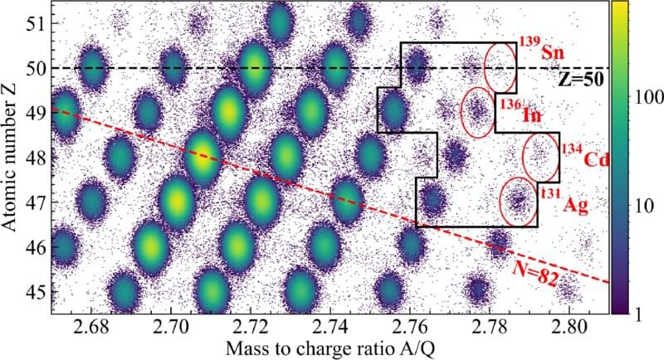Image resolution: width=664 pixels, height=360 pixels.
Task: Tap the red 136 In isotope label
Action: [521, 111]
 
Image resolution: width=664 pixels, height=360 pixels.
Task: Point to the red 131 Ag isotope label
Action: [564, 202]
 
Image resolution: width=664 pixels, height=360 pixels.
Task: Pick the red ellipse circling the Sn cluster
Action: [500, 66]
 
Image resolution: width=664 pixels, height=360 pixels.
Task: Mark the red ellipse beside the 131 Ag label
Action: [519, 202]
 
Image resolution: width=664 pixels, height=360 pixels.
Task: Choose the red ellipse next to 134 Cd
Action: [541, 156]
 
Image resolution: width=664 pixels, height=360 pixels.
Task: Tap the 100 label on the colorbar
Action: [642, 98]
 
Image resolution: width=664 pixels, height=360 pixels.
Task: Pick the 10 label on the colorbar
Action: [637, 204]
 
